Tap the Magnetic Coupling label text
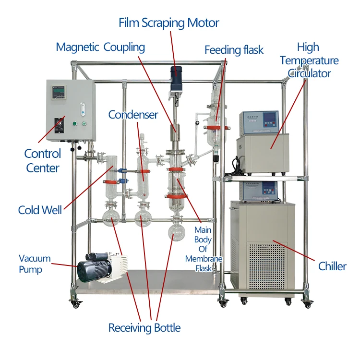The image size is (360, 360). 100,47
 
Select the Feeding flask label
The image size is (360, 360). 234,50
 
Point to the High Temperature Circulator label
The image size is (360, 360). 309,60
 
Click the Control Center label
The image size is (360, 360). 43,161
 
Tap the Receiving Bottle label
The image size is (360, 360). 144,328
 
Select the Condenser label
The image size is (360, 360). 133,115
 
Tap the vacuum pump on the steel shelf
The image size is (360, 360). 103,267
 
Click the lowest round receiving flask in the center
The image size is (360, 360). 177,230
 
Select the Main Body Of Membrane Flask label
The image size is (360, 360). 204,250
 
